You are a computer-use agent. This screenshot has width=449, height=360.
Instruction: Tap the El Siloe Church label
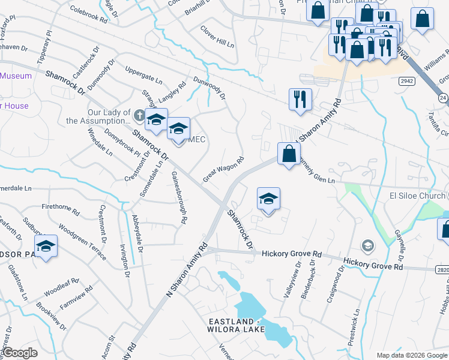pos(418,196)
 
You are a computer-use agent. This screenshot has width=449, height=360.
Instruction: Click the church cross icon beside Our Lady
pos(139,115)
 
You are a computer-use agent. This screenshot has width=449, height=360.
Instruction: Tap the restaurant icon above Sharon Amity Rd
pos(300,98)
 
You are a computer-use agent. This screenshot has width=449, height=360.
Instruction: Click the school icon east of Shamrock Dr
pos(268,199)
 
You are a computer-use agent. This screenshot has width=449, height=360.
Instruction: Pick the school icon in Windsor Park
pos(46,246)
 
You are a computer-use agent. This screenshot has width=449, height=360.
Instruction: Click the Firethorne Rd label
pos(61,209)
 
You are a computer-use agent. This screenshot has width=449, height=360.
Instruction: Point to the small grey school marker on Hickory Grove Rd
pos(367,245)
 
